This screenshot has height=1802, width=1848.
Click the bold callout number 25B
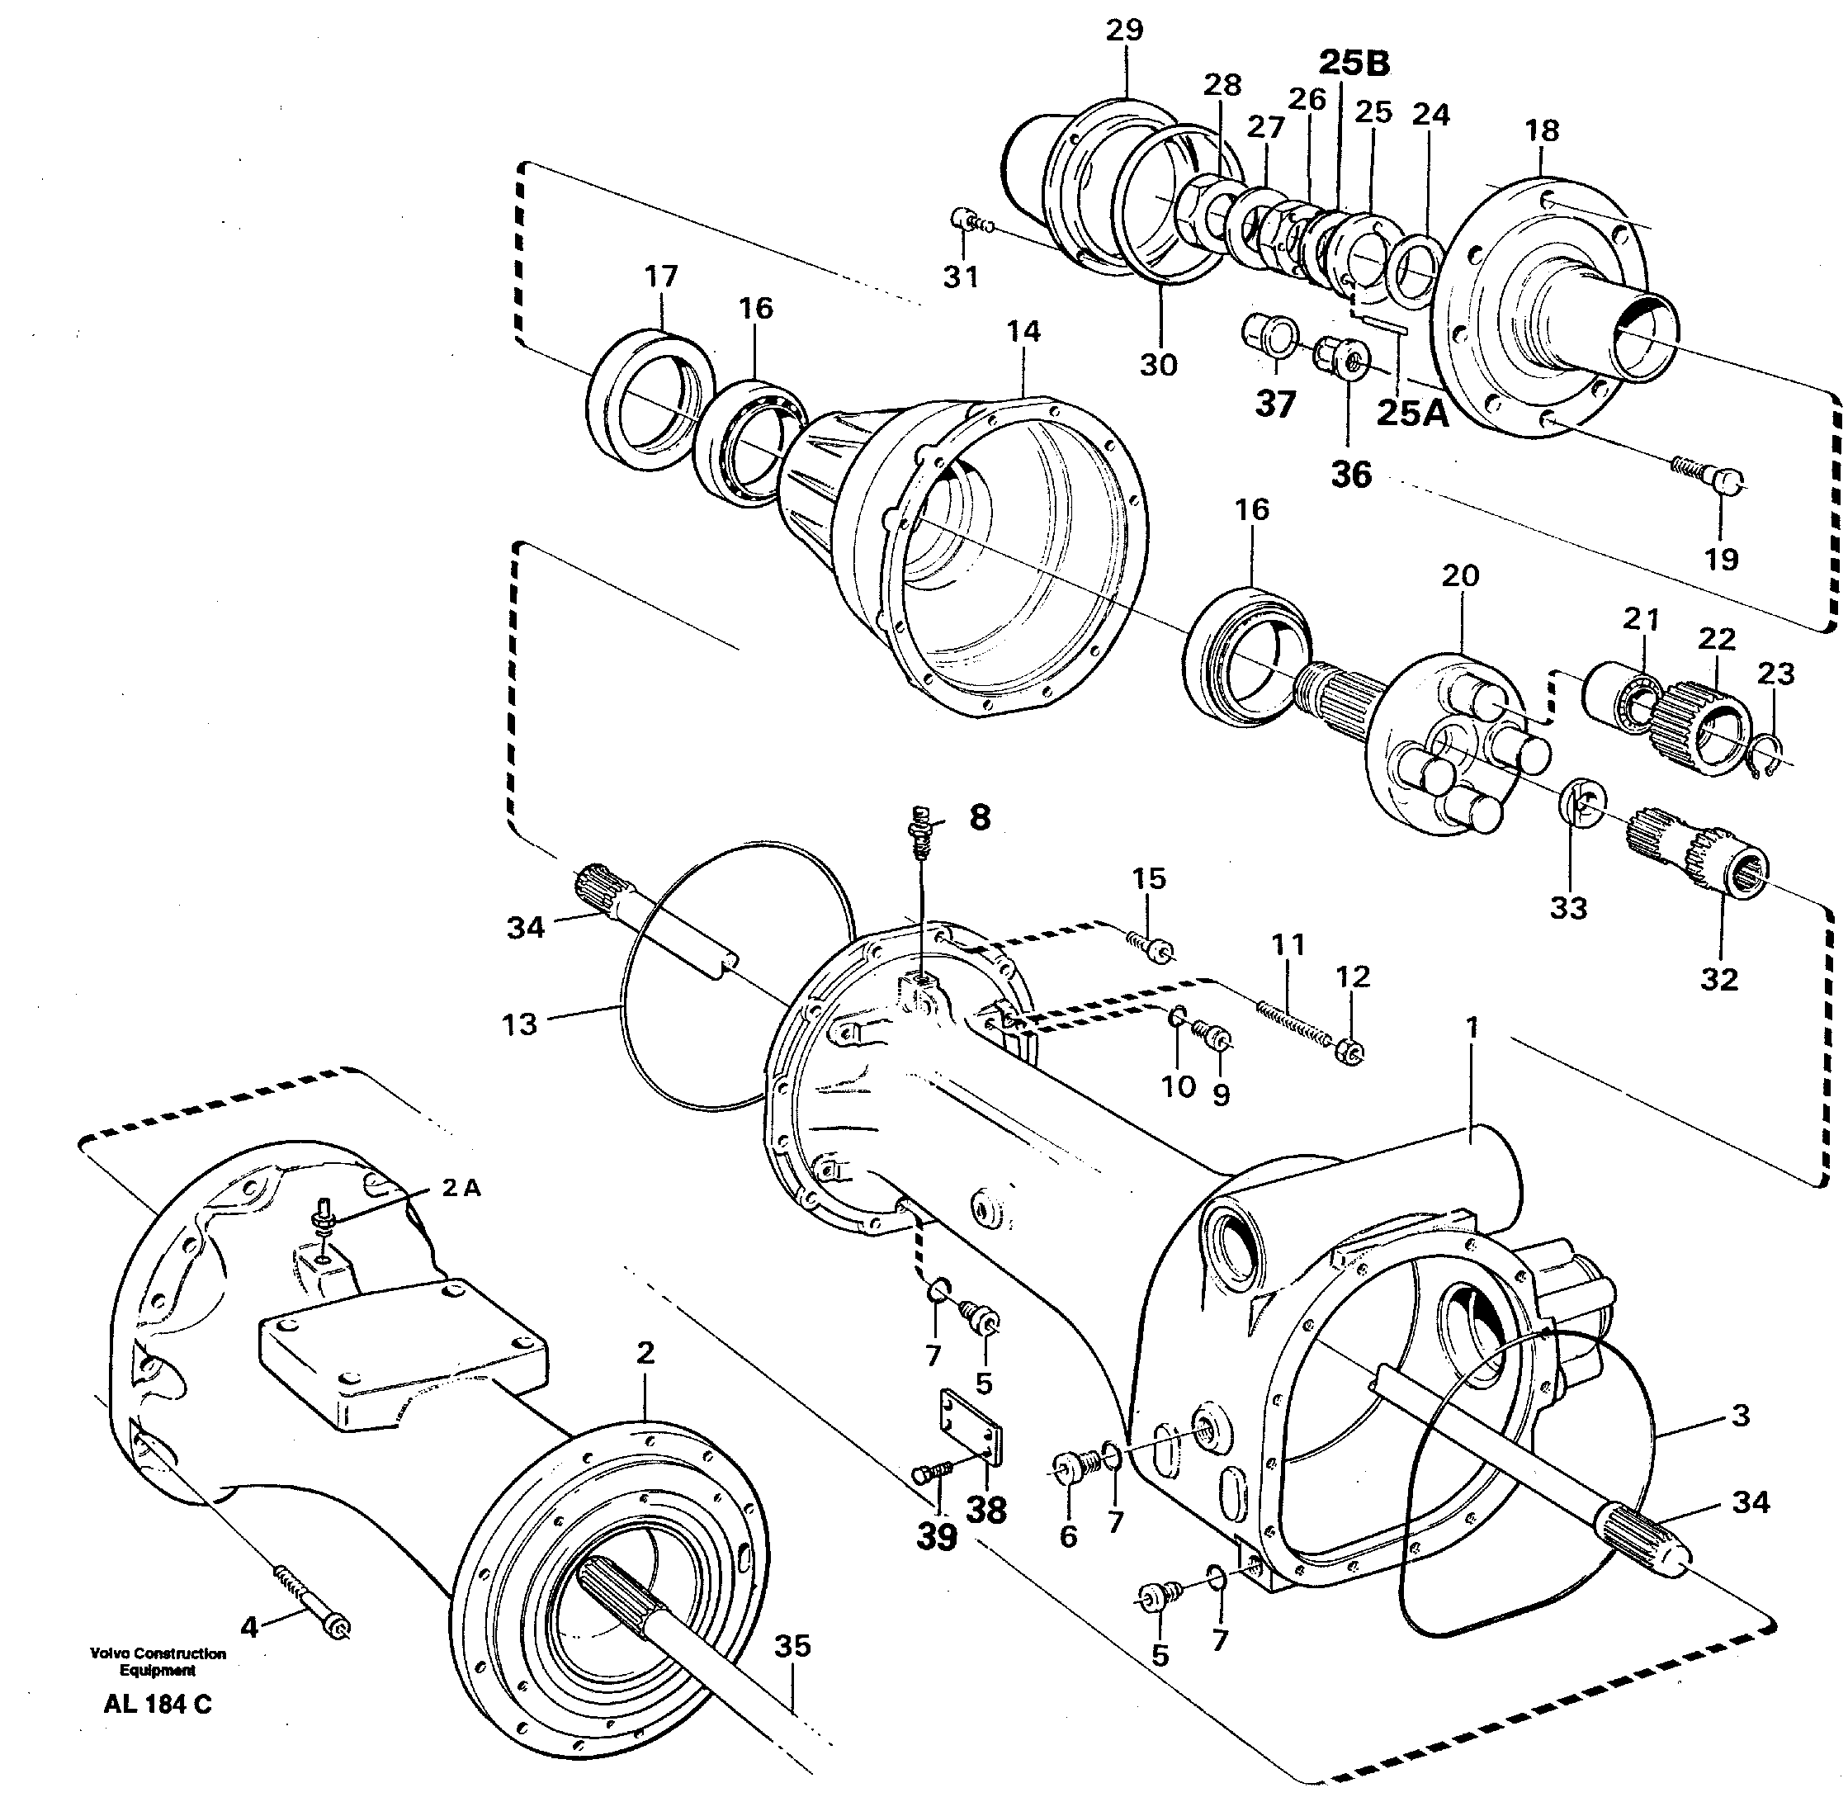pyautogui.click(x=1354, y=63)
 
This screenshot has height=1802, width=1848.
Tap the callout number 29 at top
pyautogui.click(x=1124, y=31)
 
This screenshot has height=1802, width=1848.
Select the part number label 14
pyautogui.click(x=1023, y=331)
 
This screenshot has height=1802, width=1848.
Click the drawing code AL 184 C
pyautogui.click(x=158, y=1705)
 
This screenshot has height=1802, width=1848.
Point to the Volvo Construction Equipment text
pyautogui.click(x=158, y=1662)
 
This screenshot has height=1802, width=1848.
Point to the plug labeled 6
pyautogui.click(x=1074, y=1468)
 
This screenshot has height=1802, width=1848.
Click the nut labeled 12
pyautogui.click(x=1351, y=1052)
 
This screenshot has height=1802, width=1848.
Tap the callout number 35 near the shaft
pyautogui.click(x=792, y=1646)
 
